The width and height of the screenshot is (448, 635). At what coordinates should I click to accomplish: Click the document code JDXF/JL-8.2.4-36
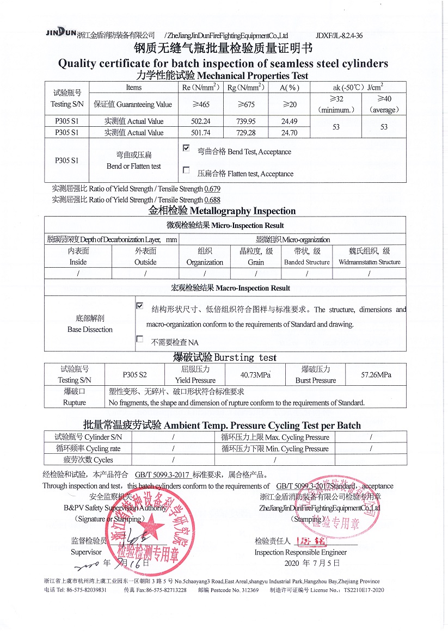[339, 35]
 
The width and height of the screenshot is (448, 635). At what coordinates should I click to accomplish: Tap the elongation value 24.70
[289, 132]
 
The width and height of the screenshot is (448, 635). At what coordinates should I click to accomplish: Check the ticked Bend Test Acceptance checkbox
[186, 148]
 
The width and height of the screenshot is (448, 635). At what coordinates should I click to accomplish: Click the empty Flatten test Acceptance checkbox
[186, 170]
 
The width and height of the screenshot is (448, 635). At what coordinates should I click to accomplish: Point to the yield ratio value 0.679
[212, 189]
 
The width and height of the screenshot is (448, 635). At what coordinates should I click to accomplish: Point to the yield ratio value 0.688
[212, 200]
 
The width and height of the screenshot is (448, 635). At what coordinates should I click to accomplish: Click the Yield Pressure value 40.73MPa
[255, 374]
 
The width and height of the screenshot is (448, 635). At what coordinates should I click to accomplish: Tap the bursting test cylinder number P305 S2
[134, 374]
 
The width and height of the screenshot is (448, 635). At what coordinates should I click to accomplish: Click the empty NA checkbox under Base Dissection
[140, 339]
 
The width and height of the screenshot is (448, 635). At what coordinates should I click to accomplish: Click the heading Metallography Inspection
[222, 211]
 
